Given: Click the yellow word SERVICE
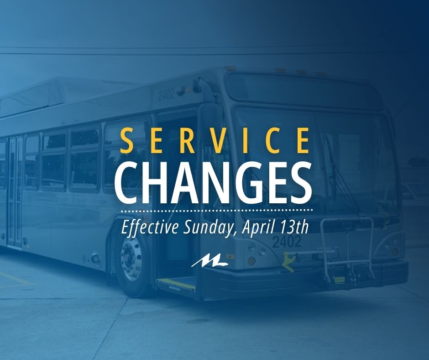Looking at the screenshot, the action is [215, 141].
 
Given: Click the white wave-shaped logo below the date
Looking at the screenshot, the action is [209, 262].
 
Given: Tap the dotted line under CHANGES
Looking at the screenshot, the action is [216, 211].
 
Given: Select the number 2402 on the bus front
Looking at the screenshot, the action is [287, 242].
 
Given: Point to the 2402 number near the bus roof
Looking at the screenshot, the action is [166, 95].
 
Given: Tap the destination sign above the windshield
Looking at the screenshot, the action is [303, 88].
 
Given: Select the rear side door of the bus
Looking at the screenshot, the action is [16, 191].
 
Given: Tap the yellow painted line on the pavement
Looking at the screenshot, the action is [17, 279].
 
